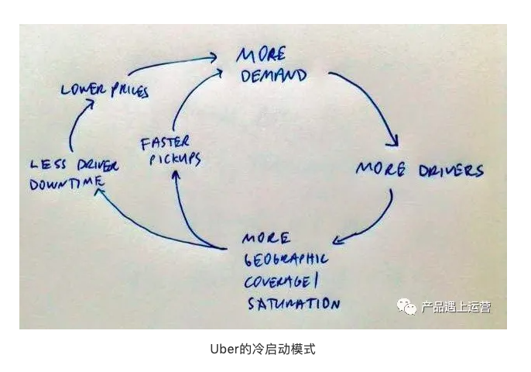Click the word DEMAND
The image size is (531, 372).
pyautogui.click(x=275, y=77)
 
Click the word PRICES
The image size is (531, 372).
pyautogui.click(x=128, y=91)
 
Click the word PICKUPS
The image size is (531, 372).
pyautogui.click(x=171, y=160)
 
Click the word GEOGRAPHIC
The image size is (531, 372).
pyautogui.click(x=285, y=258)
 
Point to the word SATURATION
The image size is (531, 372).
pyautogui.click(x=293, y=301)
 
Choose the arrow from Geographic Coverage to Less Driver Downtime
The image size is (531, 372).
pyautogui.click(x=147, y=229)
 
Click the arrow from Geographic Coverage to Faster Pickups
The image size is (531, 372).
pyautogui.click(x=187, y=209)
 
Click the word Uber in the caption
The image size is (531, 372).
pyautogui.click(x=223, y=349)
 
